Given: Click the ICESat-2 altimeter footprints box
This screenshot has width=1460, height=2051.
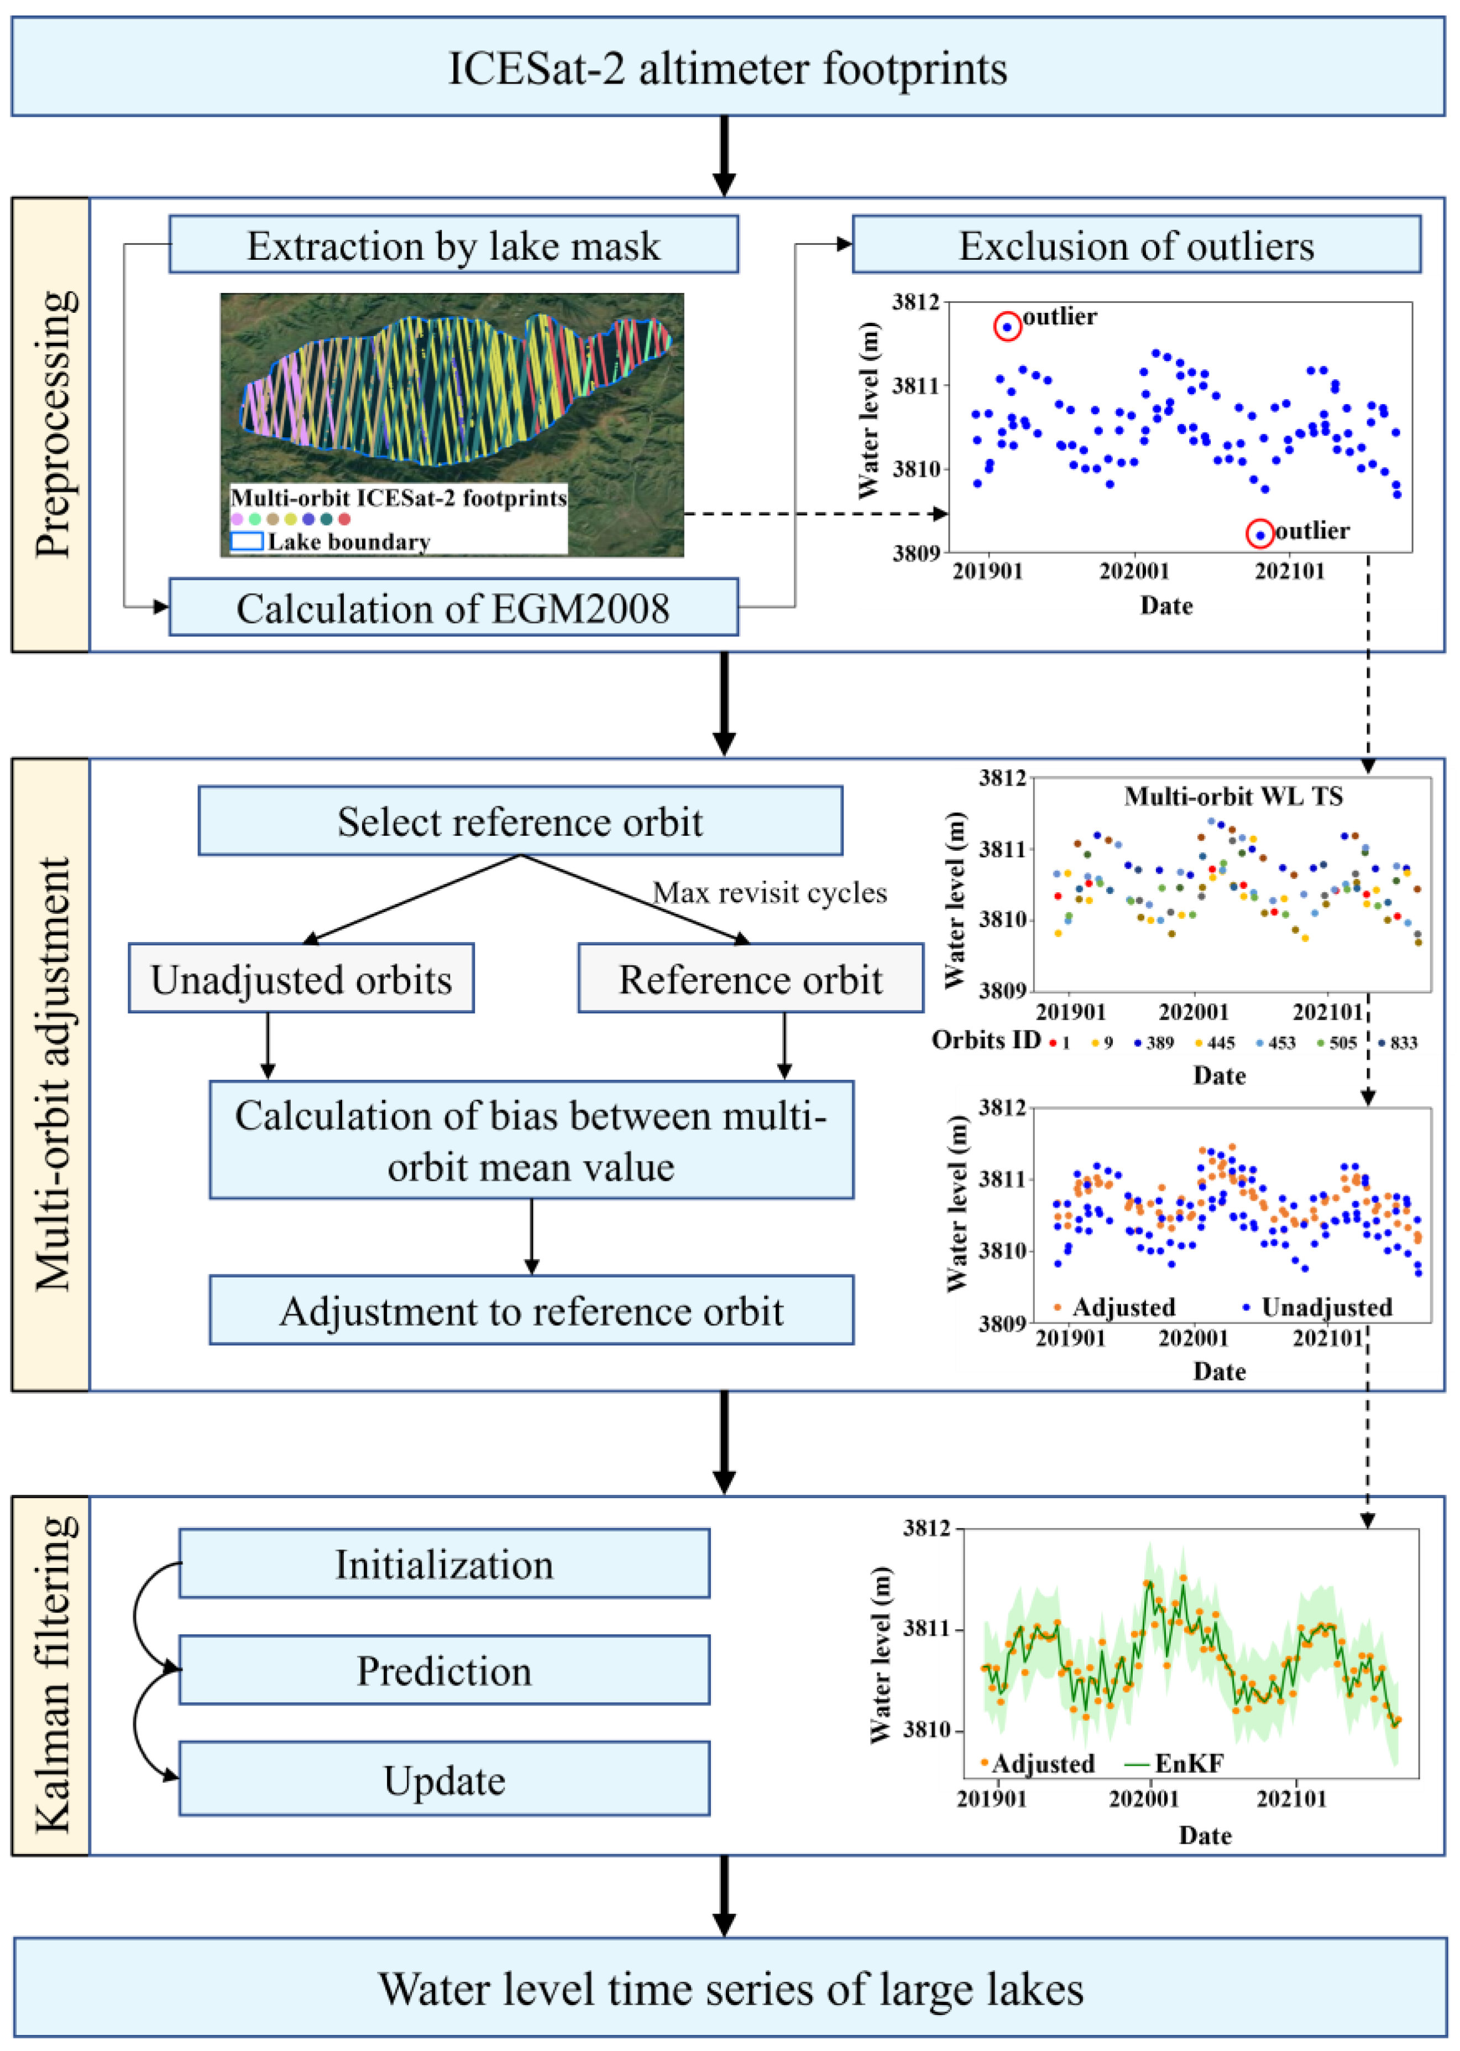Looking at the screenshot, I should [x=728, y=67].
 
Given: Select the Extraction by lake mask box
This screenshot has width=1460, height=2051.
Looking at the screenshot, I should [x=453, y=244].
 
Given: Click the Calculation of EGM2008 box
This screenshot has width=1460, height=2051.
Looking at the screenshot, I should [x=453, y=608].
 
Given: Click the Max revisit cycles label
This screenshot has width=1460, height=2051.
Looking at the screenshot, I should [x=770, y=892].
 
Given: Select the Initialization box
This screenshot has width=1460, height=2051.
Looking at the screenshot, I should [x=444, y=1564].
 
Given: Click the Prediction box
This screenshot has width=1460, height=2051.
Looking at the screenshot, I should [x=444, y=1670].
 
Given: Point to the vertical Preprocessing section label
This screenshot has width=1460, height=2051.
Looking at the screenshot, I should [x=51, y=424].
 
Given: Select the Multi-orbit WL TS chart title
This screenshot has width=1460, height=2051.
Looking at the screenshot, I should [x=1233, y=796].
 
